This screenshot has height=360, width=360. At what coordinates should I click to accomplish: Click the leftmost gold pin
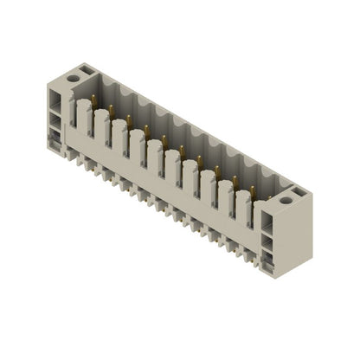click(x=94, y=99)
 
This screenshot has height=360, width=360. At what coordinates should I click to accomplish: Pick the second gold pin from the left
click(x=112, y=109)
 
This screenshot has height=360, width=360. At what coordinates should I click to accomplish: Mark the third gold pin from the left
click(x=129, y=119)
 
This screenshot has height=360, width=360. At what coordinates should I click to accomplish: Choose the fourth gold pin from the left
click(x=146, y=128)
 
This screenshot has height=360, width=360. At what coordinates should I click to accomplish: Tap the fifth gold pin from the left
click(x=164, y=138)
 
